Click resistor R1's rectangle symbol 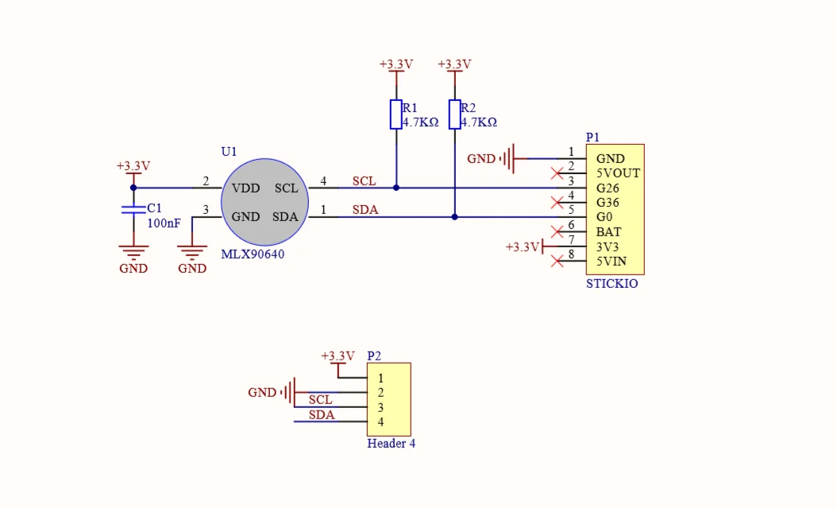pos(396,115)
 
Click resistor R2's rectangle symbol pos(455,115)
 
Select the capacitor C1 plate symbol pos(133,209)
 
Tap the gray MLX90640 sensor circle pos(264,202)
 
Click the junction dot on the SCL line pos(396,188)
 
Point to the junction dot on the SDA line pos(455,217)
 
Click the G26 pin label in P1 pos(607,188)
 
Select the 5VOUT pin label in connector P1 pos(618,173)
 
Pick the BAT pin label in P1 pos(608,232)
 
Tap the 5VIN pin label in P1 pos(611,262)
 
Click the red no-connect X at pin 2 pos(557,173)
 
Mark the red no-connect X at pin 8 pos(557,262)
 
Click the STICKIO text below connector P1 pos(611,283)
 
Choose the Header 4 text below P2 pos(391,443)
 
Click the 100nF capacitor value pos(164,223)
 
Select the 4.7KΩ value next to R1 pos(421,122)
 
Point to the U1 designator pos(229,151)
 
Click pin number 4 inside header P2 pos(380,422)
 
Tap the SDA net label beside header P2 pos(322,415)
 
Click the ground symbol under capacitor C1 pos(133,252)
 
